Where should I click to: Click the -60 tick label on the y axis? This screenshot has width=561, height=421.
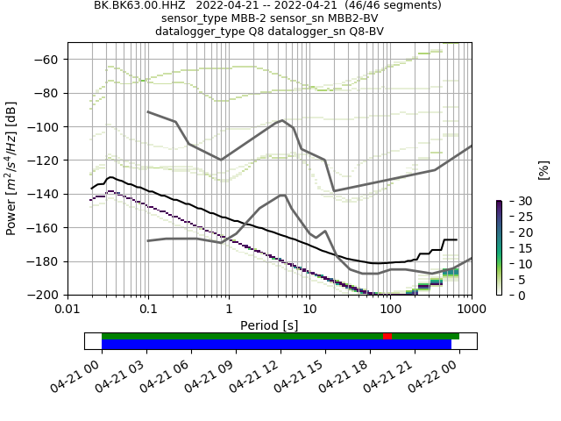click(x=50, y=60)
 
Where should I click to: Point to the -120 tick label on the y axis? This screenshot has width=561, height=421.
click(x=46, y=161)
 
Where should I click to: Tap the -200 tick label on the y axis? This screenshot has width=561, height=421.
click(x=46, y=295)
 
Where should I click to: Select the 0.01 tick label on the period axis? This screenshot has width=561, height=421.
click(x=67, y=310)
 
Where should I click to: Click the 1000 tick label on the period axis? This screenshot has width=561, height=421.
click(x=471, y=310)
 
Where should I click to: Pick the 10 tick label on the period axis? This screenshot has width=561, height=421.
click(x=309, y=310)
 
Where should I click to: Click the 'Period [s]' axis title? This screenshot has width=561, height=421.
click(x=269, y=325)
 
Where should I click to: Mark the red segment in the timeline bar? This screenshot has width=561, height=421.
click(x=387, y=336)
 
